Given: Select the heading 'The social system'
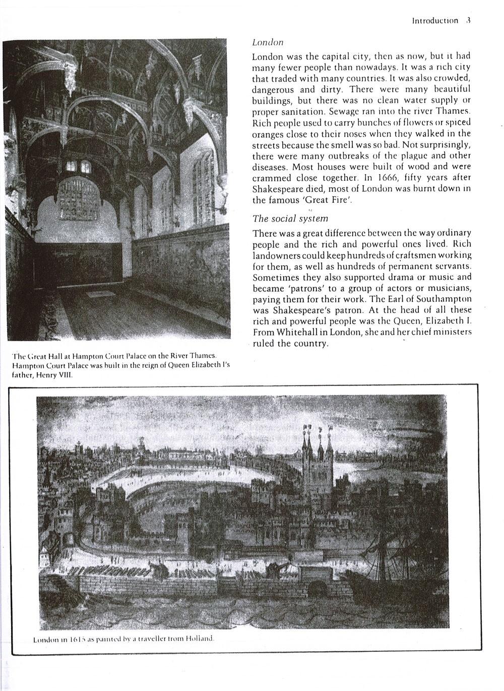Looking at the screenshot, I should click(290, 218).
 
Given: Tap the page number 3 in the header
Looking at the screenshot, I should click(468, 21).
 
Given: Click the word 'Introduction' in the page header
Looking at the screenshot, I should click(435, 21).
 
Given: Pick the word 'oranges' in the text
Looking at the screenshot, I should click(268, 134).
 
